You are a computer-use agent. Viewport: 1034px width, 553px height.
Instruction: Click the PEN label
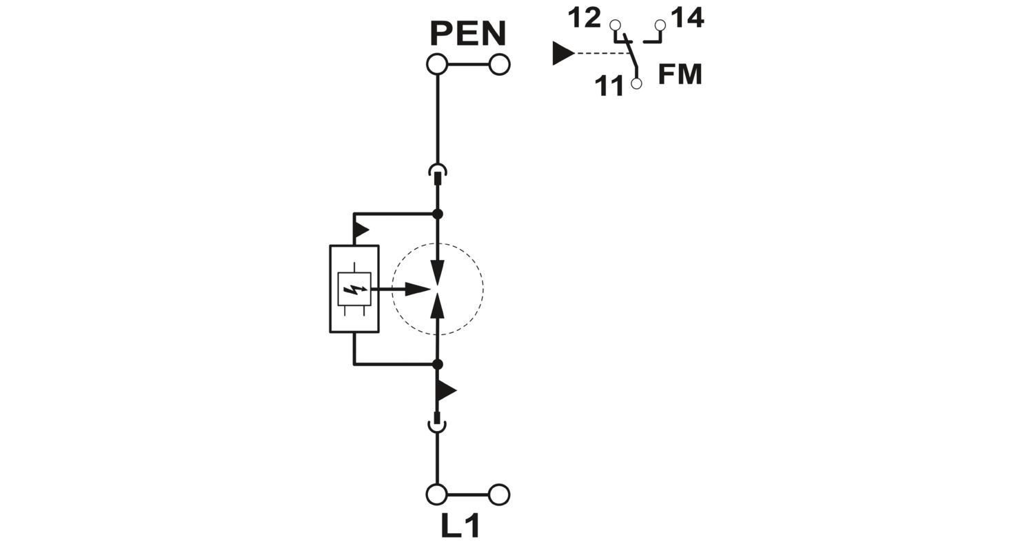click(468, 33)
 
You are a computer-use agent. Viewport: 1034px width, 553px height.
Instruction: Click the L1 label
click(460, 526)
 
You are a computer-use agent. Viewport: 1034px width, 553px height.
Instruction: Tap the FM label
click(680, 74)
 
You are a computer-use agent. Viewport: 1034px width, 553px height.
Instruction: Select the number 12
click(585, 19)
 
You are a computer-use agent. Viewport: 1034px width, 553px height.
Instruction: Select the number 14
click(687, 19)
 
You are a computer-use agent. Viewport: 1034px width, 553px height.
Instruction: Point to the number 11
click(609, 86)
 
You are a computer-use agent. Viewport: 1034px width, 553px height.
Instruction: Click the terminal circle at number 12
click(615, 24)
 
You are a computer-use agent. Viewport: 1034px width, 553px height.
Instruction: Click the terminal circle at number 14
click(660, 24)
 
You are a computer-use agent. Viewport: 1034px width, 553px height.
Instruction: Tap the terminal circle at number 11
click(636, 83)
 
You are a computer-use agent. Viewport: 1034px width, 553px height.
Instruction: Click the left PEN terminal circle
click(437, 64)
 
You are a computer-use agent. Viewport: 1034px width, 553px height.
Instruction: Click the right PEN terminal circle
click(499, 64)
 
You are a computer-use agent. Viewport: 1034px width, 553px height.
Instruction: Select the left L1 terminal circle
click(436, 494)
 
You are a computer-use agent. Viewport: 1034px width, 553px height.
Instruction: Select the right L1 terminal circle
click(499, 494)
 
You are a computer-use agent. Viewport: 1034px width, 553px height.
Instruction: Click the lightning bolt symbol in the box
click(354, 290)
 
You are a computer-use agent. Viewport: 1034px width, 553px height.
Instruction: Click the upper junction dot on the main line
click(438, 214)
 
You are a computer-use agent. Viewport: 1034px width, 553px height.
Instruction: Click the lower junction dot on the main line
click(438, 365)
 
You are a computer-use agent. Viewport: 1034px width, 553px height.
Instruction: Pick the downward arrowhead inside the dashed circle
click(438, 272)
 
